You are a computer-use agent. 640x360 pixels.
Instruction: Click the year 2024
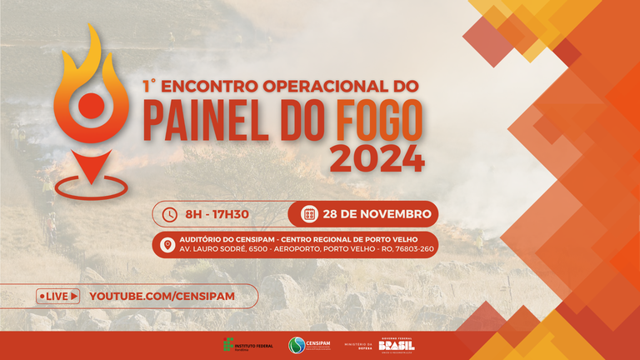377,157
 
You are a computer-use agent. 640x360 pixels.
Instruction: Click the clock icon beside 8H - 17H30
169,214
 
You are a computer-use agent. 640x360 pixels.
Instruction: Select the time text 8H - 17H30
217,214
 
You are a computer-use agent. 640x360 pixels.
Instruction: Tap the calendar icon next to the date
308,214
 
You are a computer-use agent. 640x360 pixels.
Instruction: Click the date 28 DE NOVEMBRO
377,214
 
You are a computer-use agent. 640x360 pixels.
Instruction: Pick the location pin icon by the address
167,245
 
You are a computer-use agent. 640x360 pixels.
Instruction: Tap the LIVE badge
58,296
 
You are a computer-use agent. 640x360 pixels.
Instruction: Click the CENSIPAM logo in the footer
309,345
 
